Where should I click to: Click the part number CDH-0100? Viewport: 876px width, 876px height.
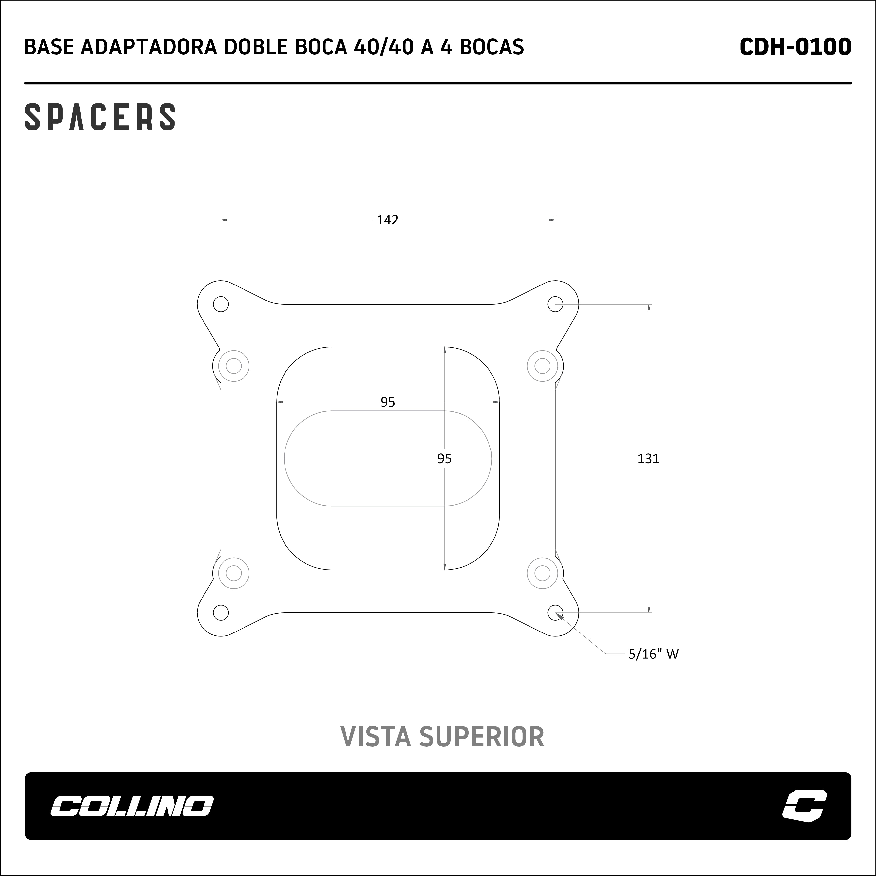[795, 47]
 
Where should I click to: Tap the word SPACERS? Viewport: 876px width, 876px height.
[100, 117]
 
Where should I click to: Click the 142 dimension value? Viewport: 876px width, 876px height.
[388, 220]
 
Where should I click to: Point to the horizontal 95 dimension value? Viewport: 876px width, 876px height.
[388, 402]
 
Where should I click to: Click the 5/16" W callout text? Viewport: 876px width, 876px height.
[653, 654]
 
